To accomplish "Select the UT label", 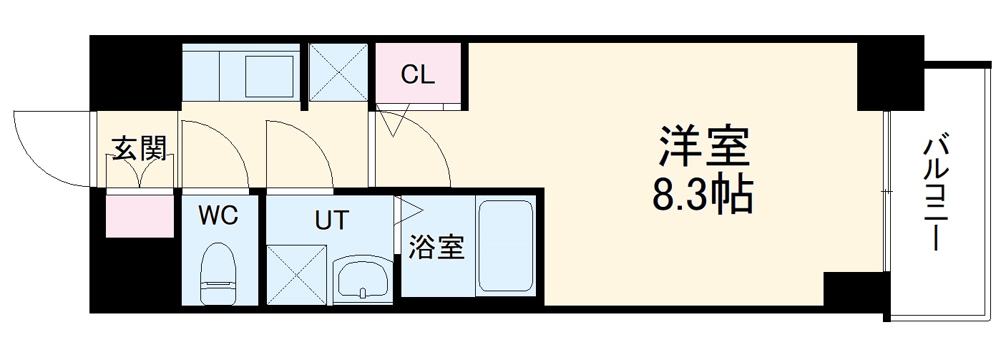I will pyautogui.click(x=332, y=220).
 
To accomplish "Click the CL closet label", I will pyautogui.click(x=418, y=74).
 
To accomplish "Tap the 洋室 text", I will pyautogui.click(x=703, y=147).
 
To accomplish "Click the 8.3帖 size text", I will pyautogui.click(x=703, y=195).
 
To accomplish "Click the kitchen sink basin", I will pyautogui.click(x=270, y=75).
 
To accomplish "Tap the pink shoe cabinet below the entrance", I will pyautogui.click(x=140, y=215).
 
